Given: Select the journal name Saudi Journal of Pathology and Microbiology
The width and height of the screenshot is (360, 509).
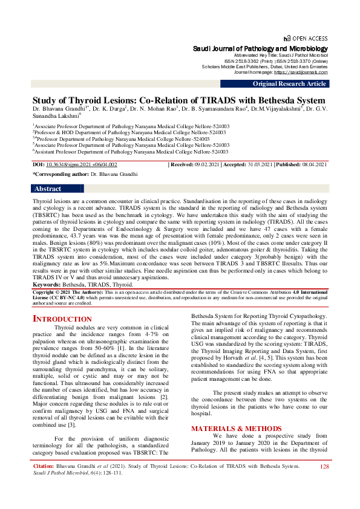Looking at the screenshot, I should (260, 48).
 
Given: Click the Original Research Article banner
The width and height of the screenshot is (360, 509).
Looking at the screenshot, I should (290, 84).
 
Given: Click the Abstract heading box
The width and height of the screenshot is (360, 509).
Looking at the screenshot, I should (48, 189).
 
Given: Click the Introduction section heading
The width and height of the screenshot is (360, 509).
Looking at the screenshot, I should (62, 319).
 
